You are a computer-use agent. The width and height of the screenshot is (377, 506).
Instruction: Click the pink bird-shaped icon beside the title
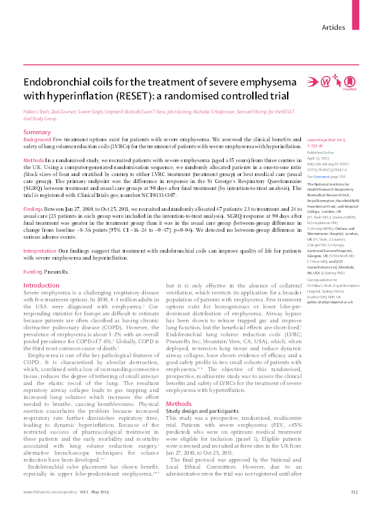tap(312, 82)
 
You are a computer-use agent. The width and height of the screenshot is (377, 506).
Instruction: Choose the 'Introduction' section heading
tap(41, 286)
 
